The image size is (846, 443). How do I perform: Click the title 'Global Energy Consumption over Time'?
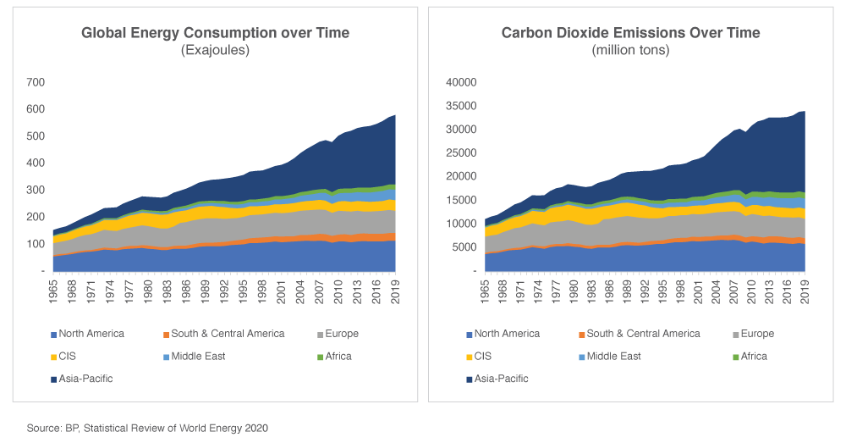215,33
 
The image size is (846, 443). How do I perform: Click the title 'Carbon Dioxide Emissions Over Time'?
630,33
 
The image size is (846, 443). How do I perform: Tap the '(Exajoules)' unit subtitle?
215,51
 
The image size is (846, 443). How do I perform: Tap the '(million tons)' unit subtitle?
630,51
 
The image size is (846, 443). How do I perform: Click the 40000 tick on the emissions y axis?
462,82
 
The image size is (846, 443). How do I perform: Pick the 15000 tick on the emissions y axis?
462,200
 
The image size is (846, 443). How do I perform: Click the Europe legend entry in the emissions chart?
754,334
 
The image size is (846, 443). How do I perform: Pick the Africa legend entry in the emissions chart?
751,357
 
